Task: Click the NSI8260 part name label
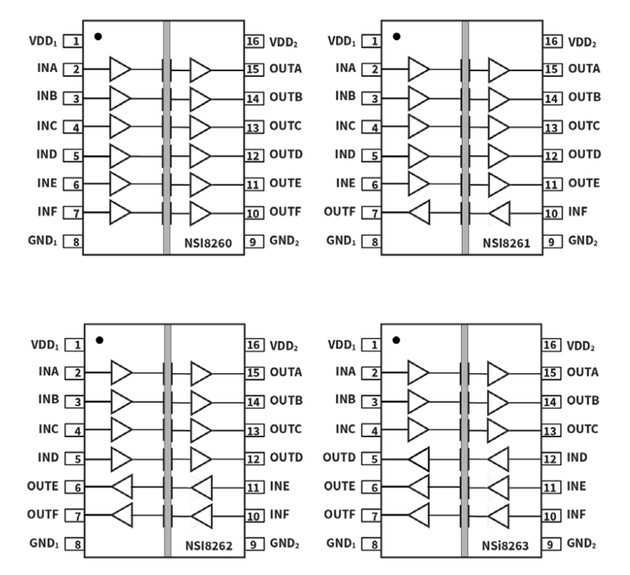pyautogui.click(x=208, y=243)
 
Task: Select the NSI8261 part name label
pyautogui.click(x=506, y=243)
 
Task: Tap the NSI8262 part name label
pyautogui.click(x=209, y=546)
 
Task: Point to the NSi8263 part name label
pyautogui.click(x=505, y=546)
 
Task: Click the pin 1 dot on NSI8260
pyautogui.click(x=98, y=36)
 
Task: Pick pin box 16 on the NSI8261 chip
pyautogui.click(x=552, y=41)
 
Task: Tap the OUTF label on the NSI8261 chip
pyautogui.click(x=339, y=212)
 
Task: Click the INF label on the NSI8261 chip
pyautogui.click(x=578, y=212)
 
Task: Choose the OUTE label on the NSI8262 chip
pyautogui.click(x=43, y=486)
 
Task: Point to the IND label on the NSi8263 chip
pyautogui.click(x=577, y=457)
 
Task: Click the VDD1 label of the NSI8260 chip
pyautogui.click(x=43, y=41)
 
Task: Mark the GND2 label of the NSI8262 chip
pyautogui.click(x=284, y=543)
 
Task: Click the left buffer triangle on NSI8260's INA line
pyautogui.click(x=120, y=69)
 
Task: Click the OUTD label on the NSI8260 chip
pyautogui.click(x=286, y=154)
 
